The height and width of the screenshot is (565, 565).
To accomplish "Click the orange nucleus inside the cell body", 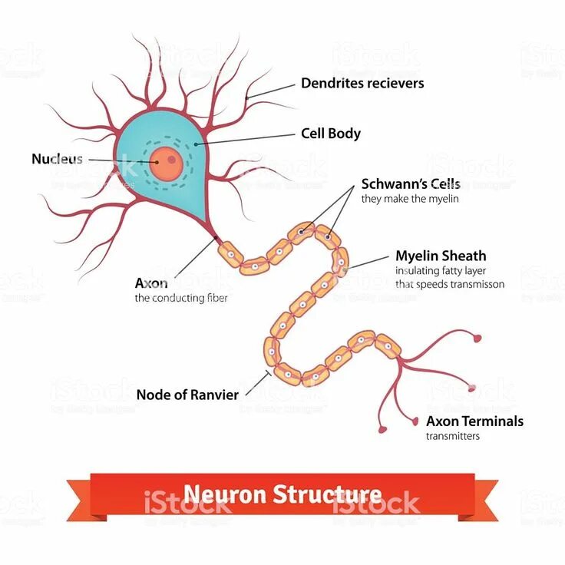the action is (165, 162).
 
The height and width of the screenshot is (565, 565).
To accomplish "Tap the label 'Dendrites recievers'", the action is (362, 83).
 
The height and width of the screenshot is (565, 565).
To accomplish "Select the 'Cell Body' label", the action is (330, 134).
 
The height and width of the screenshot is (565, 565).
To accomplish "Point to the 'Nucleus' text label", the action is (57, 159).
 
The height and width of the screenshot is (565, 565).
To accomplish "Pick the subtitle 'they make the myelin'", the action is (410, 200).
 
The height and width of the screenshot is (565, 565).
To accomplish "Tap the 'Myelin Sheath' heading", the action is (441, 256).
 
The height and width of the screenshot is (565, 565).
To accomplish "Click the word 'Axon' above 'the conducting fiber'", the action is (150, 283).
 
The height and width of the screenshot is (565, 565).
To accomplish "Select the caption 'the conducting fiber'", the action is (181, 298).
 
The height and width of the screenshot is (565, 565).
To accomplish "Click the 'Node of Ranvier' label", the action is (187, 395).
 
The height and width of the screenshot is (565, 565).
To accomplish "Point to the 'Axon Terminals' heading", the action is (474, 421).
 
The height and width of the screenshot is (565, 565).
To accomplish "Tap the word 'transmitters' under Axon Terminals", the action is (453, 436).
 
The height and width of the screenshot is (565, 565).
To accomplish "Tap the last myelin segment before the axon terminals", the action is (387, 347).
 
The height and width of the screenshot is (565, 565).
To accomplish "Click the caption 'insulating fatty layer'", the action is (441, 270).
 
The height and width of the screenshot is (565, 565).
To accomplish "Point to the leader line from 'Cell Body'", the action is (246, 139).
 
